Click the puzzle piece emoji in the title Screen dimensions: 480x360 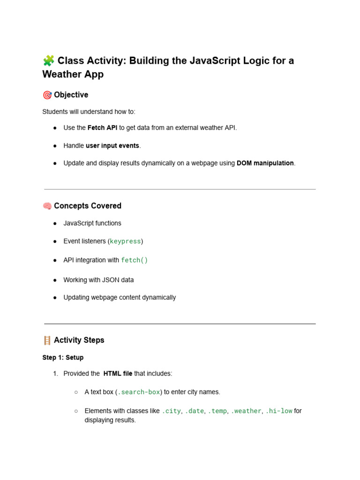click(x=48, y=60)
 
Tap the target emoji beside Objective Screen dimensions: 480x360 click(x=47, y=95)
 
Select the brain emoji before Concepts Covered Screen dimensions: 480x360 click(x=47, y=206)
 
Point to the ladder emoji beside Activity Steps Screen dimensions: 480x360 click(x=47, y=340)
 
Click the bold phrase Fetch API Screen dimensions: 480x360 click(x=102, y=128)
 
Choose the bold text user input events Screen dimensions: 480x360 click(x=112, y=146)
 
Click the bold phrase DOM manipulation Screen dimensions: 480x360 click(x=265, y=163)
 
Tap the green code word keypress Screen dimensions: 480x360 click(x=125, y=241)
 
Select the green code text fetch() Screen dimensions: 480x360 click(x=135, y=260)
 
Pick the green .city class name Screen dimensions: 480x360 click(x=171, y=411)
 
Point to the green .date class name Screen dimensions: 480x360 click(x=195, y=411)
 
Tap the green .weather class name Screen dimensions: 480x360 click(x=246, y=411)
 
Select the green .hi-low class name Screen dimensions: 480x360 click(x=279, y=411)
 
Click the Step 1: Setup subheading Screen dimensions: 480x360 click(x=63, y=358)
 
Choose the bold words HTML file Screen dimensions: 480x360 click(x=118, y=374)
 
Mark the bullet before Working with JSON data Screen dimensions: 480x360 click(x=55, y=280)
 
